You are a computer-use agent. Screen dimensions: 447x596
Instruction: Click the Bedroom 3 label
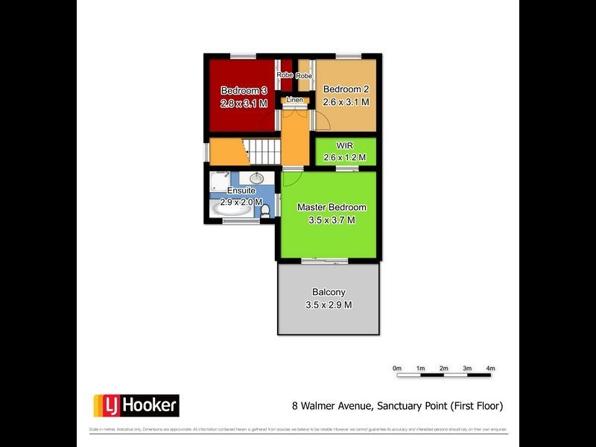pos(244,90)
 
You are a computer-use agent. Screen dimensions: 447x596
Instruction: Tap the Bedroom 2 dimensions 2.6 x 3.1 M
pos(346,103)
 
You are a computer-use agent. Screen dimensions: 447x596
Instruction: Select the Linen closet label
pos(295,100)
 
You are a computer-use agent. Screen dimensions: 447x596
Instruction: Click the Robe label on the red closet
pos(285,75)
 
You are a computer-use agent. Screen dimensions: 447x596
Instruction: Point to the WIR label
pos(344,145)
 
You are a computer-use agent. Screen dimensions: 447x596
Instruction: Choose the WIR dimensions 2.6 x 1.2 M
pos(344,157)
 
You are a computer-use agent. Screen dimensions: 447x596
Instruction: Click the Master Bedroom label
pos(332,207)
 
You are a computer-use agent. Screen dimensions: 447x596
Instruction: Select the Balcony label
pos(329,292)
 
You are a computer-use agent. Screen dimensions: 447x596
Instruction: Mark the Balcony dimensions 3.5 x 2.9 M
pos(329,305)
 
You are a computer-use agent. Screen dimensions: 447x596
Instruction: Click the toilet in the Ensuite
pos(266,212)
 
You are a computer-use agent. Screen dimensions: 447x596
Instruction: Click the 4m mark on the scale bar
pos(490,368)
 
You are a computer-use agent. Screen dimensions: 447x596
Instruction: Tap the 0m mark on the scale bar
pos(397,368)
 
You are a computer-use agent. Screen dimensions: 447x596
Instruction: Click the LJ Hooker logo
pos(136,405)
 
